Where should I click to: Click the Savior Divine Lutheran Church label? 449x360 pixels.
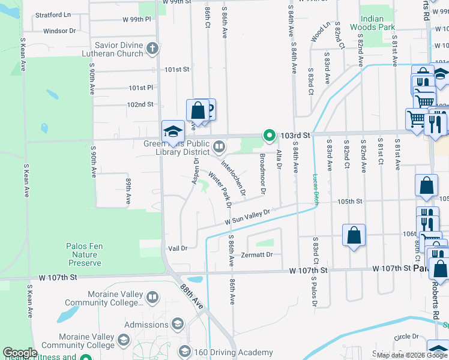pyautogui.click(x=118, y=49)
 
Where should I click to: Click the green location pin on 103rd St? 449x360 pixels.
pyautogui.click(x=270, y=136)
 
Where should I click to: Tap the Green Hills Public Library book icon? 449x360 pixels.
pyautogui.click(x=220, y=146)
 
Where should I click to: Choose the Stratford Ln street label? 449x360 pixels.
pyautogui.click(x=53, y=14)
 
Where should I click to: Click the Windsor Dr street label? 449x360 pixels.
pyautogui.click(x=59, y=31)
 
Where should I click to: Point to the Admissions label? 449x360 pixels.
pyautogui.click(x=146, y=325)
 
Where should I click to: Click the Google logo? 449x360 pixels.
pyautogui.click(x=20, y=353)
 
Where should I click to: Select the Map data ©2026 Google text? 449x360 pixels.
pyautogui.click(x=411, y=355)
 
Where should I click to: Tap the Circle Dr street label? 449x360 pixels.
pyautogui.click(x=406, y=337)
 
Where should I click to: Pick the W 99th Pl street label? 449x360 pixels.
pyautogui.click(x=137, y=19)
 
